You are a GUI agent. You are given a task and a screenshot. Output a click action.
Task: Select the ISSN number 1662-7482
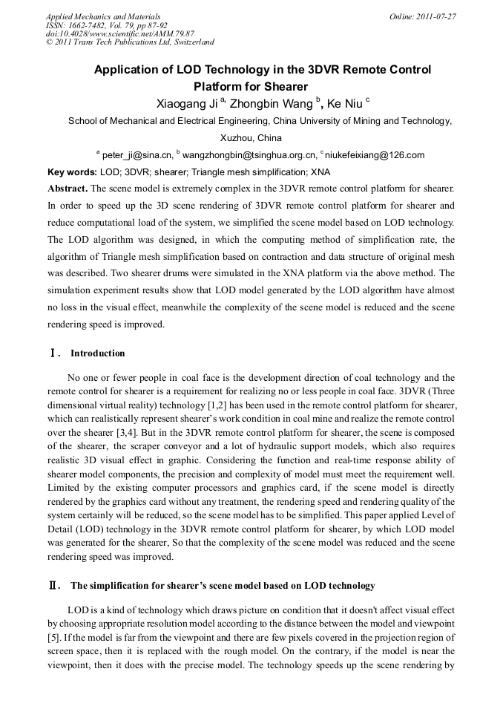pos(92,25)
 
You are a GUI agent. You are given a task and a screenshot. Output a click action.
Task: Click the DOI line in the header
pos(119,33)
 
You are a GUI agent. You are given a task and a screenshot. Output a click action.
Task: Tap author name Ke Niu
pos(344,103)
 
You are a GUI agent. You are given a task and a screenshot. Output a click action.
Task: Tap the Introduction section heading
pos(97,353)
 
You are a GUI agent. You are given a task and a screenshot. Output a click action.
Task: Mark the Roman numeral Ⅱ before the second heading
pos(53,586)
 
